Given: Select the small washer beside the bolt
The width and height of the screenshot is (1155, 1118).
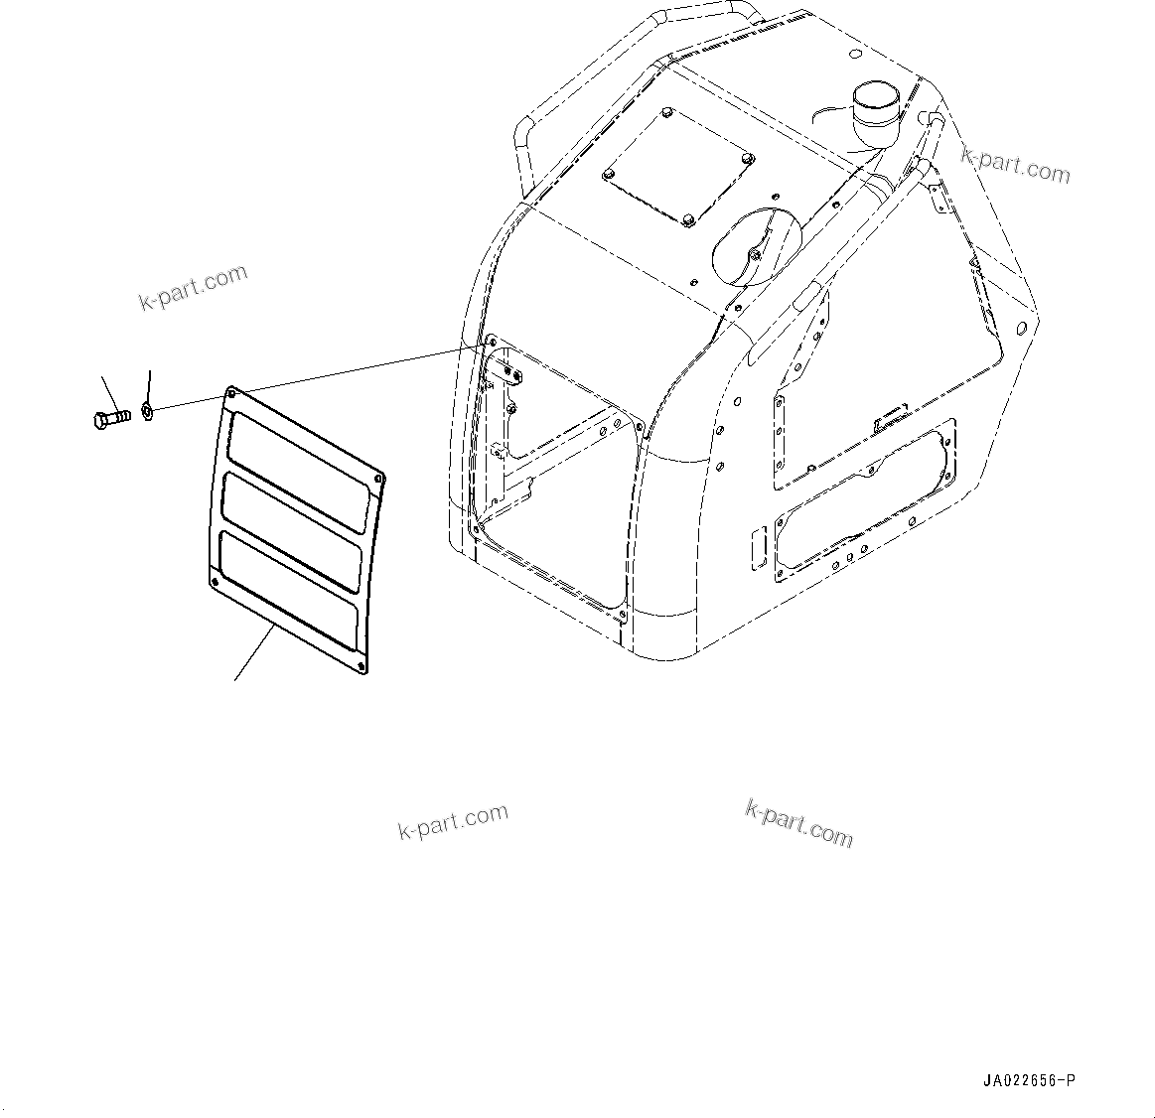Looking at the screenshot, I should point(147,409).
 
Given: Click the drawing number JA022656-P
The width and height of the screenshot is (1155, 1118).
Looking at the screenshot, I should point(1029,1080).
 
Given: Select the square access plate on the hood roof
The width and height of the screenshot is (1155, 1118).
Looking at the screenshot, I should point(678,170).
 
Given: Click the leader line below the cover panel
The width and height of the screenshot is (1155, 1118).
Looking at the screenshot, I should point(253,654).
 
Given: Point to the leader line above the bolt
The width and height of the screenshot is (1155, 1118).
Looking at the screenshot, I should point(110,391).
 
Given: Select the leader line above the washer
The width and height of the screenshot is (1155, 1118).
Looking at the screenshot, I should point(149,384).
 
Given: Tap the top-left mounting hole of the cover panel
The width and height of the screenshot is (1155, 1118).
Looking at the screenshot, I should point(232,394).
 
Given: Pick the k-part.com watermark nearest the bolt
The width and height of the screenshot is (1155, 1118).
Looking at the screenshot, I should point(193,287).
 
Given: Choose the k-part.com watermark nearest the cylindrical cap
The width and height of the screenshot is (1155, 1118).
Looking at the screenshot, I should point(1015,166).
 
